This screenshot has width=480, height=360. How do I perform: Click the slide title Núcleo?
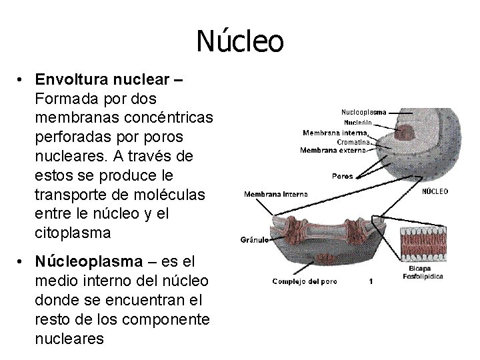[x=240, y=41]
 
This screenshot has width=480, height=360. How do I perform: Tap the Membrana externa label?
[x=333, y=151]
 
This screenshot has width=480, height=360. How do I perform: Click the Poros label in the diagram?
[x=342, y=177]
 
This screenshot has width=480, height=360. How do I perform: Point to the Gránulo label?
[x=254, y=239]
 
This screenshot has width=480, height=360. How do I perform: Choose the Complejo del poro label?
[x=305, y=281]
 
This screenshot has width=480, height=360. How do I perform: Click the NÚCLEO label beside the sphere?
[x=435, y=191]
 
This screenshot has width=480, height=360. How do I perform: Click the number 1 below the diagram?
[x=371, y=282]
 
